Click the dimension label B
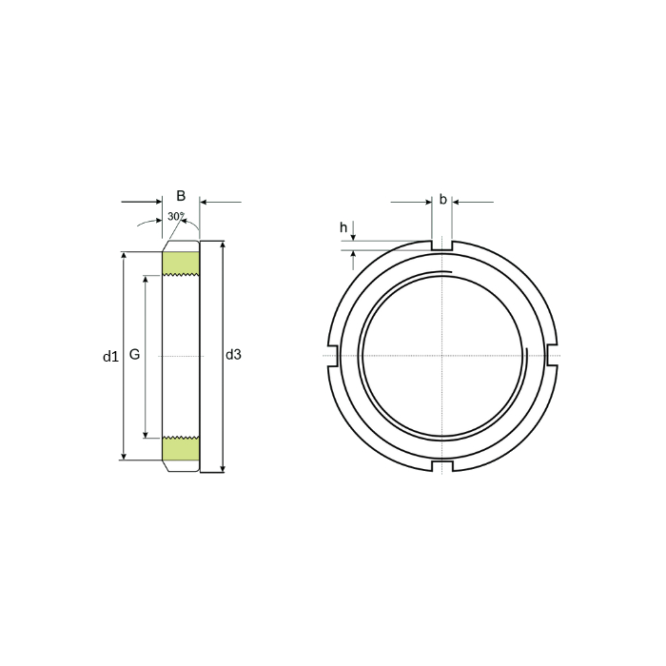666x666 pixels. [x=181, y=196]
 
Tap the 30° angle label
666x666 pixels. [x=176, y=216]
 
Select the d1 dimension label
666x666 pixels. [x=110, y=357]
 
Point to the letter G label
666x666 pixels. [x=134, y=354]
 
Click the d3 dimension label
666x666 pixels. [x=233, y=355]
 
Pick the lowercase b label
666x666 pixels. [x=443, y=199]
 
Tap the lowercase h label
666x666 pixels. [x=343, y=228]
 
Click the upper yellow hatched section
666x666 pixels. [x=181, y=264]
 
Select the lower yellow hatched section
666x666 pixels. [x=181, y=448]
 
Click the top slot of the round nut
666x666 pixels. [x=442, y=245]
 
